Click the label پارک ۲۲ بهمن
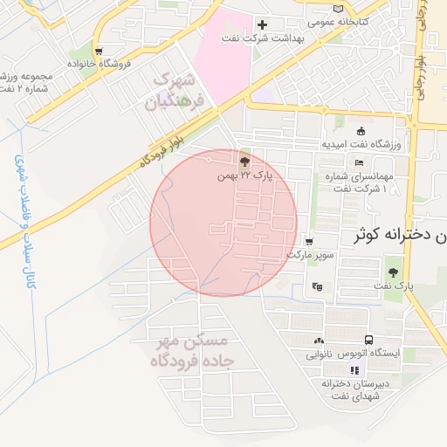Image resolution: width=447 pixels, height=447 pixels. coord(245,175)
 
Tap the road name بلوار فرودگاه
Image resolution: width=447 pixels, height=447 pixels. coord(163,148)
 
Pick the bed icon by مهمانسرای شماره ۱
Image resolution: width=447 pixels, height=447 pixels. coord(359,162)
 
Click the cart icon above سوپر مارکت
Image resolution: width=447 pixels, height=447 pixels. coord(308,241)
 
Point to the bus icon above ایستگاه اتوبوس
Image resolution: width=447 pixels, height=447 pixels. coord(369,340)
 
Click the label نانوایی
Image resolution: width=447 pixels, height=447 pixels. coord(318,354)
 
